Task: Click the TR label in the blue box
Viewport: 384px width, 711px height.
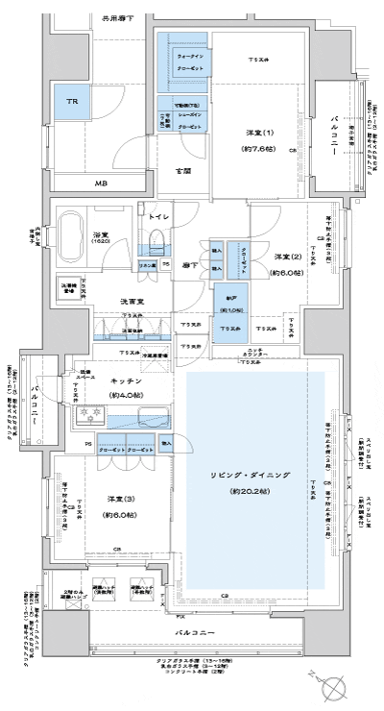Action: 71,101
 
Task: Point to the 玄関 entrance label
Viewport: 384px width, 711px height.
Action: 182,172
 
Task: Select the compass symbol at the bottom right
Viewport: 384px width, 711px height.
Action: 334,688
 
